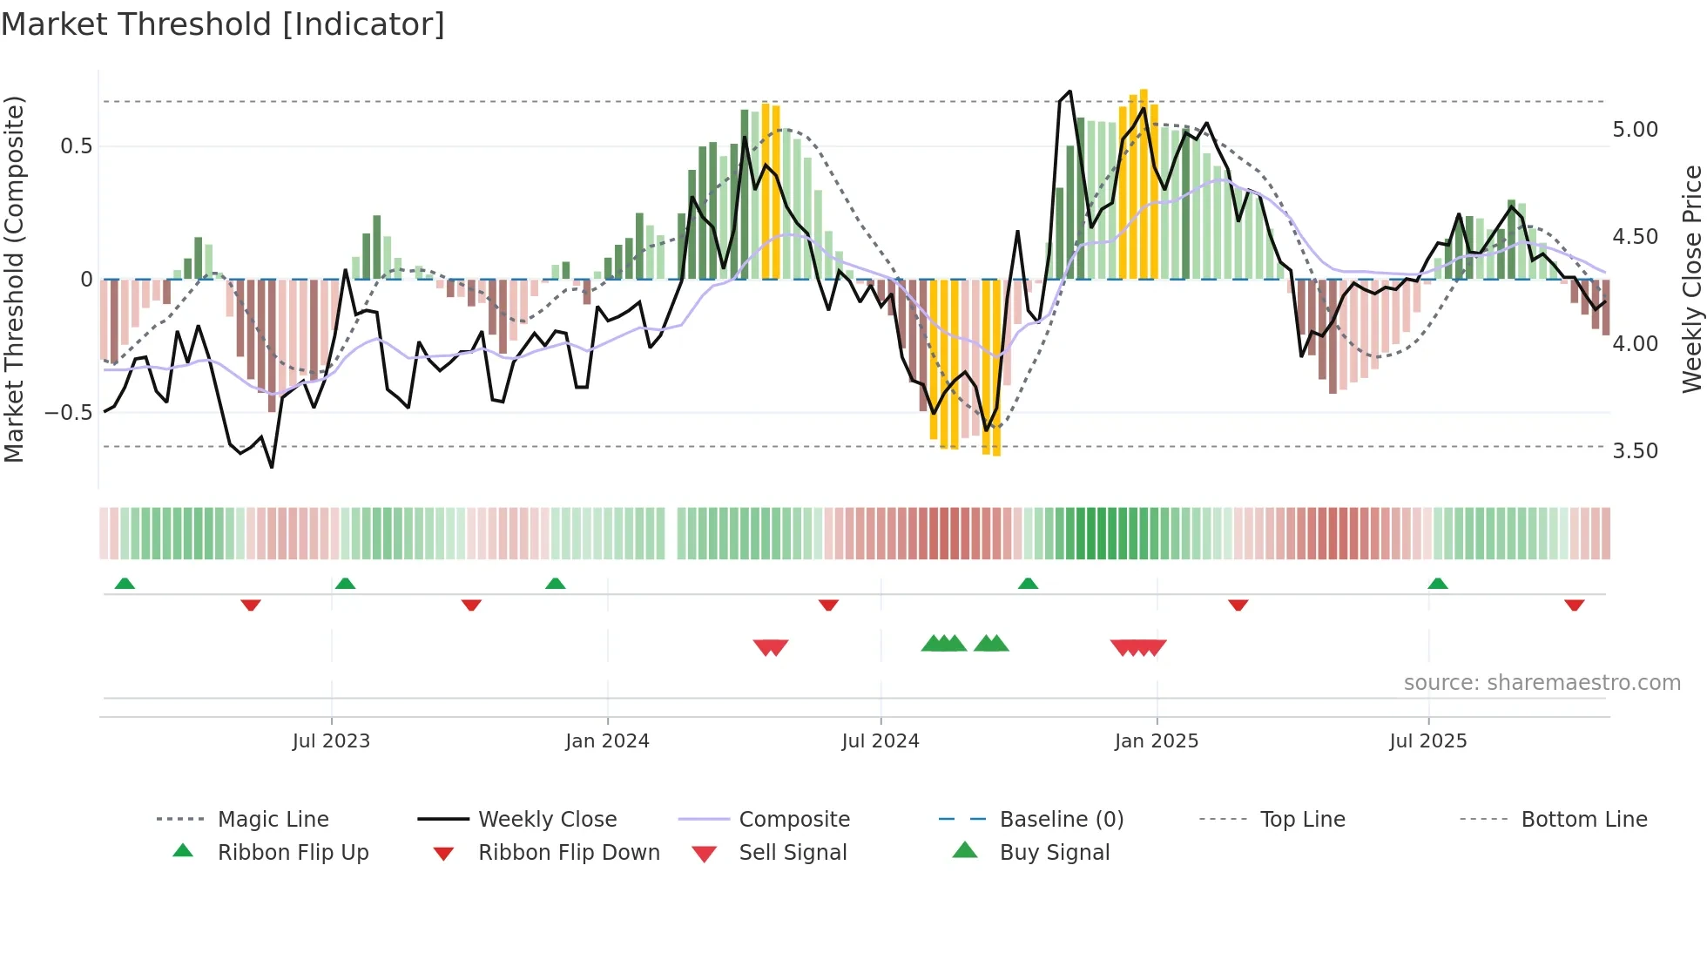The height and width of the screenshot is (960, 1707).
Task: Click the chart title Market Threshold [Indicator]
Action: (x=223, y=24)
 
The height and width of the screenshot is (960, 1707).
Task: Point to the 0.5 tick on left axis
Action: (x=76, y=145)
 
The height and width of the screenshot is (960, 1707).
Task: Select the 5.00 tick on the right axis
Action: (x=1635, y=130)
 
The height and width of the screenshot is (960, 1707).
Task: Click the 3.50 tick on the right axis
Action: (x=1635, y=451)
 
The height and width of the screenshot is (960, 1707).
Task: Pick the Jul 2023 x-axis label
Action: (x=331, y=741)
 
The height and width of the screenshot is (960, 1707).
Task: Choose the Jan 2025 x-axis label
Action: (x=1156, y=741)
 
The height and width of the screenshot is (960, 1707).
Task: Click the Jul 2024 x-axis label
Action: (x=880, y=741)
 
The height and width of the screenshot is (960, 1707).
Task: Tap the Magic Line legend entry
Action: (x=273, y=820)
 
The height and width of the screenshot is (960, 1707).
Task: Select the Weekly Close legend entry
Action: (x=547, y=820)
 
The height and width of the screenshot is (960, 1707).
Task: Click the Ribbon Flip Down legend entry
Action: (x=569, y=853)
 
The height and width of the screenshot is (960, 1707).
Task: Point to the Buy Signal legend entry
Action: (x=1054, y=853)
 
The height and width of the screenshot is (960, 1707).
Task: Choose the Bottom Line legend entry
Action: (x=1583, y=820)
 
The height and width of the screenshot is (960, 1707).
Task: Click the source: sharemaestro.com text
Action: (x=1542, y=683)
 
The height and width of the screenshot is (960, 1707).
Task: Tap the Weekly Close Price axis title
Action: (x=1691, y=279)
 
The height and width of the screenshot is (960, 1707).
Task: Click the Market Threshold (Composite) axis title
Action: (x=14, y=279)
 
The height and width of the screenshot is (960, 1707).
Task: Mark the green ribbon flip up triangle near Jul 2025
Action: (x=1438, y=584)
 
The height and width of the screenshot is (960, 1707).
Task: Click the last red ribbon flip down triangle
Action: (x=1574, y=605)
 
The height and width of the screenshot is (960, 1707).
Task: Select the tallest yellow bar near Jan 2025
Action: (x=1144, y=183)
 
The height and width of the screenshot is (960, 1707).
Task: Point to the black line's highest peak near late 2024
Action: (x=1069, y=91)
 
